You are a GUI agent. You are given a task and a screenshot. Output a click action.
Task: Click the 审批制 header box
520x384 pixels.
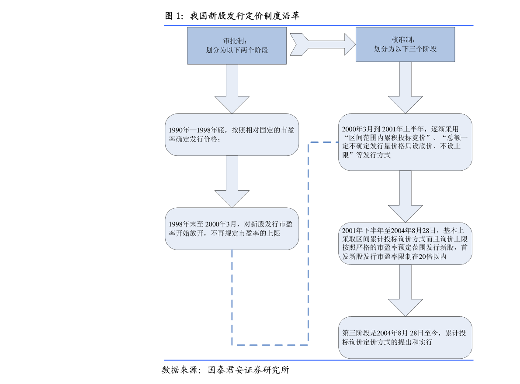(237, 45)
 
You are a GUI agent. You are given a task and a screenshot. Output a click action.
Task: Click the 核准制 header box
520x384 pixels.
(405, 44)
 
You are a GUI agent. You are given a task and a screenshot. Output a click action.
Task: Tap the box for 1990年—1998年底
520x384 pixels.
(232, 134)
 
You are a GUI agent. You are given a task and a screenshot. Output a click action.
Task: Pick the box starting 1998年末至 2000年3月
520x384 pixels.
(232, 228)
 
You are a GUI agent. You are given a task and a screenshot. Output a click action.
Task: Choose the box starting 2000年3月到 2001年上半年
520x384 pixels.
(405, 142)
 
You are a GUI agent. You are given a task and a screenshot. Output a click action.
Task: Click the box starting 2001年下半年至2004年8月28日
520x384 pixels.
(405, 243)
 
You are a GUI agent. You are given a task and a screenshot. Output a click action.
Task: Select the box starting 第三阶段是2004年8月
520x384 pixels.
(405, 338)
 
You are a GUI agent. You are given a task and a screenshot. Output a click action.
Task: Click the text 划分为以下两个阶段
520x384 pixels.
(237, 50)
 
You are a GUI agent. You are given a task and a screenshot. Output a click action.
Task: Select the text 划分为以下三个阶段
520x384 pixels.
(405, 49)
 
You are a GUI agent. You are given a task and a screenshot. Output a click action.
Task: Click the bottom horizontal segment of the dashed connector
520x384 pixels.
(270, 345)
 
